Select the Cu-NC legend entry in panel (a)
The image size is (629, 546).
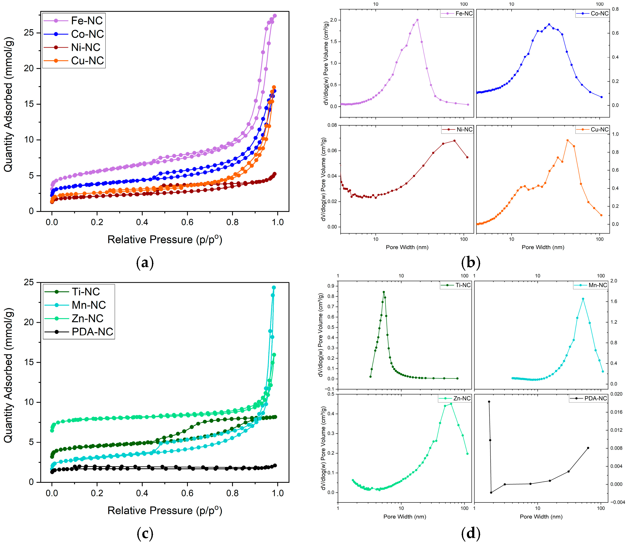pyautogui.click(x=88, y=61)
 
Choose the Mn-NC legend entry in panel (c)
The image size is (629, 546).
pyautogui.click(x=88, y=305)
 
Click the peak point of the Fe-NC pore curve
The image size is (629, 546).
pyautogui.click(x=417, y=20)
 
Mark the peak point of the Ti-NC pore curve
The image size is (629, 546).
pyautogui.click(x=384, y=292)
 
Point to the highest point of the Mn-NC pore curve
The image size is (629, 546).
pyautogui.click(x=583, y=299)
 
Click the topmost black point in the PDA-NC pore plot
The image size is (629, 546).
pyautogui.click(x=489, y=402)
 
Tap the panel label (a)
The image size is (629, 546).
pyautogui.click(x=145, y=263)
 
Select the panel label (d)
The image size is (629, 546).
pyautogui.click(x=471, y=534)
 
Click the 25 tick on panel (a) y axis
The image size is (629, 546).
pyautogui.click(x=29, y=33)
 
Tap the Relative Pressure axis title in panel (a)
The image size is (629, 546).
pyautogui.click(x=165, y=239)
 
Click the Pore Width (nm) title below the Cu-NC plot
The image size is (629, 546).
pyautogui.click(x=543, y=247)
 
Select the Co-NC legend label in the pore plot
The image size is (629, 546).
pyautogui.click(x=599, y=13)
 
